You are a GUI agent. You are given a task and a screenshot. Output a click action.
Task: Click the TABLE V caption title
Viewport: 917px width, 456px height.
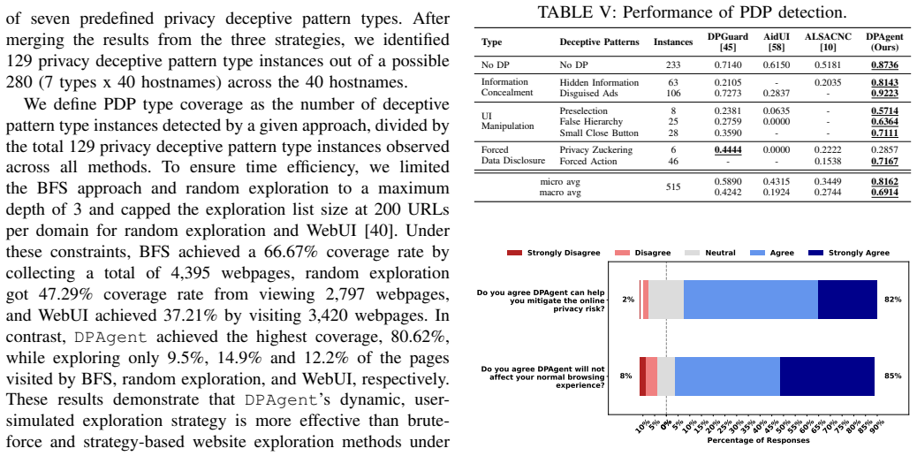click(x=692, y=12)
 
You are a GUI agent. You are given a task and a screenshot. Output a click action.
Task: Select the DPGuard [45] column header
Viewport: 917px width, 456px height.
click(x=728, y=42)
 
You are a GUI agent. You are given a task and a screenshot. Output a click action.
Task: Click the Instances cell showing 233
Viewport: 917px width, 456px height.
click(x=673, y=64)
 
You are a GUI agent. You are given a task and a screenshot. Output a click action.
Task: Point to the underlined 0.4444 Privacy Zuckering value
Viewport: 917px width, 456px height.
click(x=728, y=150)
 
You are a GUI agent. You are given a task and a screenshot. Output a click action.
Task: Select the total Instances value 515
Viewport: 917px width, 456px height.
click(x=673, y=187)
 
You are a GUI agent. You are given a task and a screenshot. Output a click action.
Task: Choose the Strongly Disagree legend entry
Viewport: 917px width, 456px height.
click(x=555, y=252)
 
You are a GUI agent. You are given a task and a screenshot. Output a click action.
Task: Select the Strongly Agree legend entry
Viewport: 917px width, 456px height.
click(x=848, y=252)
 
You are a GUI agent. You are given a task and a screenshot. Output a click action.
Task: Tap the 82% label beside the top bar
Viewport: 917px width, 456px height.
click(x=893, y=299)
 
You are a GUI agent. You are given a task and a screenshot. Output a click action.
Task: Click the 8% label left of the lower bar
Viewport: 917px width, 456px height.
click(x=625, y=376)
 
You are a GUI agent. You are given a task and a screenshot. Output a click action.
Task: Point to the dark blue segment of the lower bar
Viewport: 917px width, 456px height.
click(x=827, y=376)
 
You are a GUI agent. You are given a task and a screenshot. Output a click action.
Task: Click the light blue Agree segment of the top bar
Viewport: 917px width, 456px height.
click(x=751, y=299)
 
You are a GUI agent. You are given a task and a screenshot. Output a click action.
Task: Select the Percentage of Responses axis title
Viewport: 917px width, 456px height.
click(x=759, y=439)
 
